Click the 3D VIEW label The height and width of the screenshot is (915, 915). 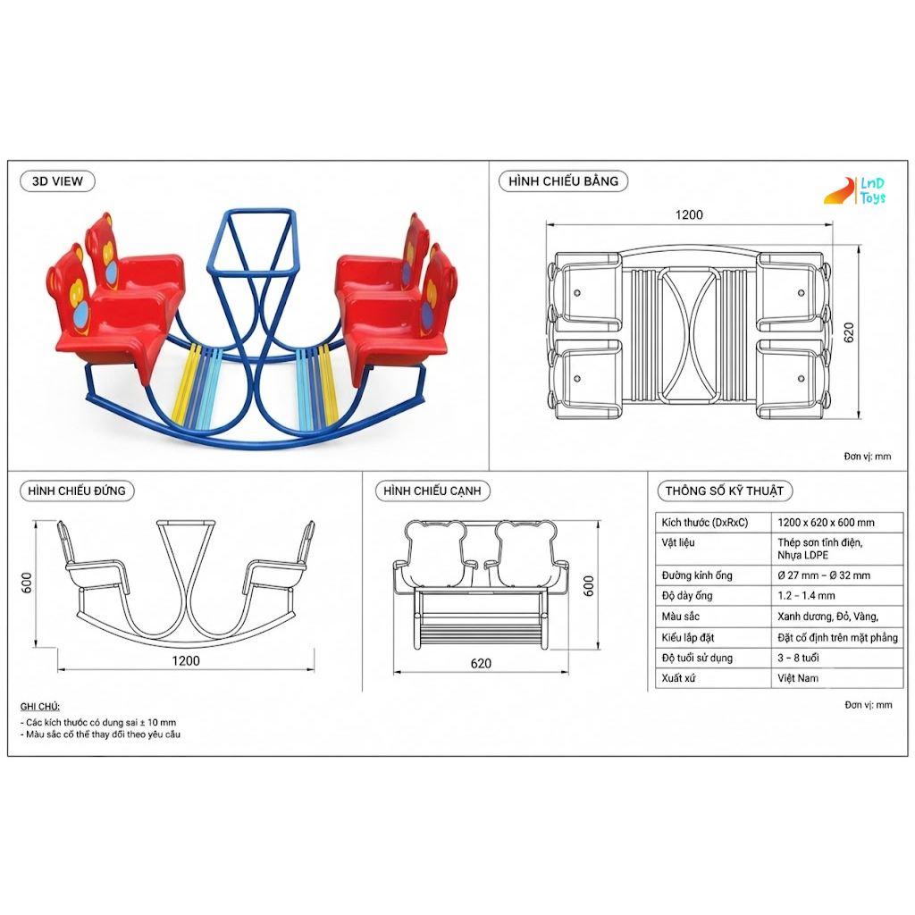[57, 181]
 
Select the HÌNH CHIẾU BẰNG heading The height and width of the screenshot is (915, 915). [563, 180]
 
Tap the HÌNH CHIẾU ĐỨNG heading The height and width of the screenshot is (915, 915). [77, 491]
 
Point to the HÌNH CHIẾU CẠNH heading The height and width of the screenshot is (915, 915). [432, 491]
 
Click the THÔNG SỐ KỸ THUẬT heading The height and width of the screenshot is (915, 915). [724, 491]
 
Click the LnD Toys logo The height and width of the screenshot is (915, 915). [855, 191]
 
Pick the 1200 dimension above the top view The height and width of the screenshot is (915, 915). [689, 214]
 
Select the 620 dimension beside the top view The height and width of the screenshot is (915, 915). [849, 332]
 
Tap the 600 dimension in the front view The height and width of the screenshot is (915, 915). [27, 583]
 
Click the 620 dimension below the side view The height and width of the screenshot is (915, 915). [481, 664]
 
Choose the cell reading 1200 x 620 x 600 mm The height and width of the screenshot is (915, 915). [826, 522]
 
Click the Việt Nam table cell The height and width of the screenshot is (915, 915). [798, 678]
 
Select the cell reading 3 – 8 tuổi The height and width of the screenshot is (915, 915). [798, 658]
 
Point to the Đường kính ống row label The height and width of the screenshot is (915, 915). [697, 575]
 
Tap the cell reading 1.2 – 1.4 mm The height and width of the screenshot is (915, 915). [806, 595]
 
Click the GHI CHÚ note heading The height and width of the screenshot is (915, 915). [39, 707]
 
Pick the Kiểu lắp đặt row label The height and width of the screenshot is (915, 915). [687, 637]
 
